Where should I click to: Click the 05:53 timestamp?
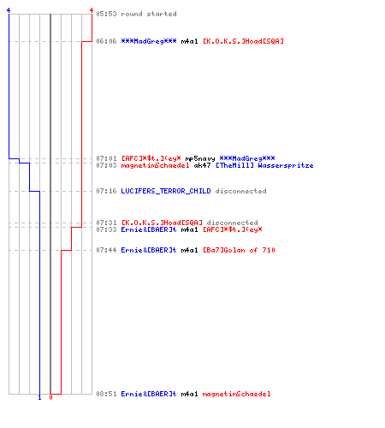(106, 14)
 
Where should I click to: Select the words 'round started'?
(149, 14)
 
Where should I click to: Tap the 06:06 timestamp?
(106, 41)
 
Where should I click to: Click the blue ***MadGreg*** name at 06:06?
(149, 41)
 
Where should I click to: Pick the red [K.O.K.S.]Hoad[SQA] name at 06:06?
(243, 41)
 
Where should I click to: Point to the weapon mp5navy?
(200, 158)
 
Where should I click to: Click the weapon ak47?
(202, 165)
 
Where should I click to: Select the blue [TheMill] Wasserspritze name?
(264, 165)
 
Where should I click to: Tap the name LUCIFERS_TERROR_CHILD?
(166, 191)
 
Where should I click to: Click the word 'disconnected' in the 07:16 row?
(241, 191)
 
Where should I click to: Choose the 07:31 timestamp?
(106, 223)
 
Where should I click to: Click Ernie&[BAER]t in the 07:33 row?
(149, 229)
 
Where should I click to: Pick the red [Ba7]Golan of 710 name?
(239, 250)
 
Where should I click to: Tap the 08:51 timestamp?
(106, 394)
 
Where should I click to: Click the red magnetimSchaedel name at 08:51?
(237, 394)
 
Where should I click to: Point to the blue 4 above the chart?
(9, 10)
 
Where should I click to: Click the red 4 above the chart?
(92, 10)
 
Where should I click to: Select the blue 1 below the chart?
(39, 397)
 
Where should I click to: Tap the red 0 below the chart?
(50, 397)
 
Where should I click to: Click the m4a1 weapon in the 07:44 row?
(189, 250)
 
